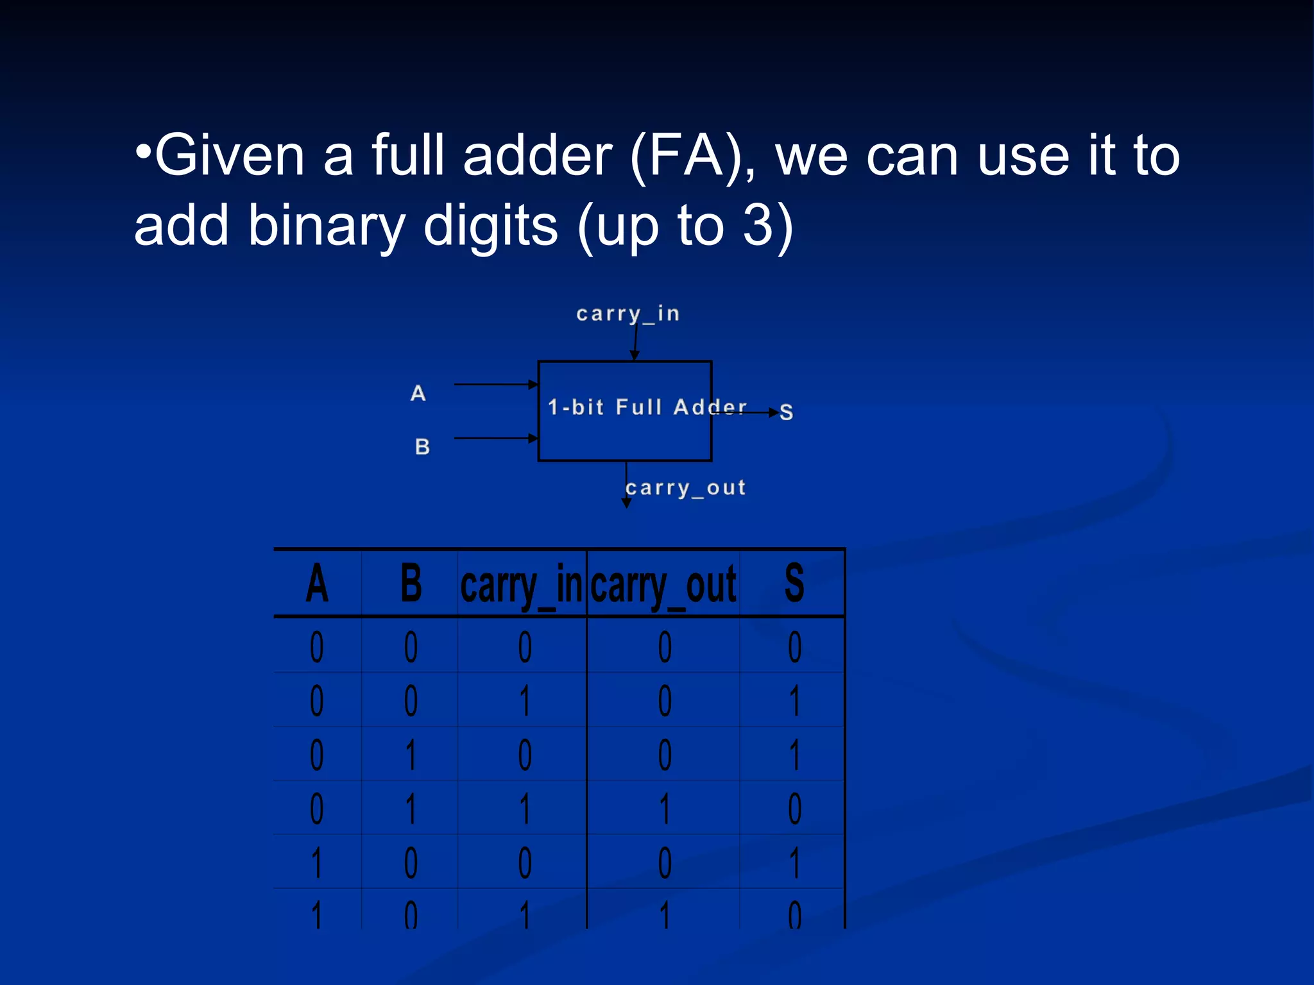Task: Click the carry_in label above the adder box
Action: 627,314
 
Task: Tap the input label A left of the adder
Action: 418,393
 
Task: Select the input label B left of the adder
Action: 422,446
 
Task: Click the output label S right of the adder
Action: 786,412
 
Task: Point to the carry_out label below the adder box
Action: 686,488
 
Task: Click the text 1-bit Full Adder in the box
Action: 647,407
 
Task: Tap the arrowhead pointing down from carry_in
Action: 635,355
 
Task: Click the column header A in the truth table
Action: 317,584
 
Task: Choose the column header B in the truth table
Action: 411,584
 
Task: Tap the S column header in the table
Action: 794,584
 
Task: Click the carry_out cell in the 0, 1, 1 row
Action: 665,809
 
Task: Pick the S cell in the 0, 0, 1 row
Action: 795,700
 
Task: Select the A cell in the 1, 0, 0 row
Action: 317,863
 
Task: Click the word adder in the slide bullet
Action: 538,156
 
